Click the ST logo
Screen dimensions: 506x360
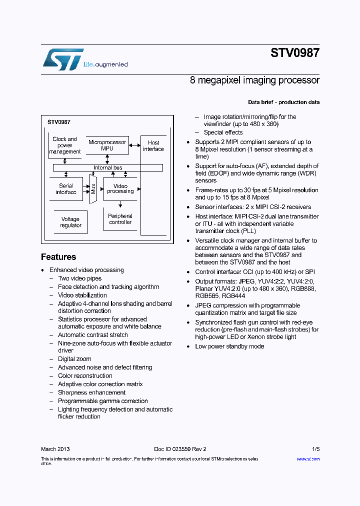click(x=62, y=59)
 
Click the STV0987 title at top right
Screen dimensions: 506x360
click(x=295, y=53)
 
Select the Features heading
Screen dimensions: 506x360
click(x=58, y=257)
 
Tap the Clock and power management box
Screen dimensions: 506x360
click(x=65, y=145)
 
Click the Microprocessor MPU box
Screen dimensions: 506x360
click(x=107, y=145)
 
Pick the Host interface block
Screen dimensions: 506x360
click(x=153, y=185)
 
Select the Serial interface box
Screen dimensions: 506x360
click(x=66, y=189)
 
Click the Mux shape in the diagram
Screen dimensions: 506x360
click(x=93, y=189)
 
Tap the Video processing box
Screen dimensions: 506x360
click(x=120, y=189)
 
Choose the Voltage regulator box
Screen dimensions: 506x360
click(x=70, y=222)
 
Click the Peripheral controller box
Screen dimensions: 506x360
click(x=120, y=219)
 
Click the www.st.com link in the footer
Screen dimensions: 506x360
click(x=308, y=459)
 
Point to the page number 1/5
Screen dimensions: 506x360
click(x=315, y=449)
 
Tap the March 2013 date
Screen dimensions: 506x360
click(x=55, y=449)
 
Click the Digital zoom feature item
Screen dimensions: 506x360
click(x=74, y=359)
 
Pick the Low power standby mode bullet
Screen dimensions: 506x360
click(x=229, y=346)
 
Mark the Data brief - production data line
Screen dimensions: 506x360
click(x=283, y=102)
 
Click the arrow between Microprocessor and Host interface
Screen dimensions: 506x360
click(x=134, y=145)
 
